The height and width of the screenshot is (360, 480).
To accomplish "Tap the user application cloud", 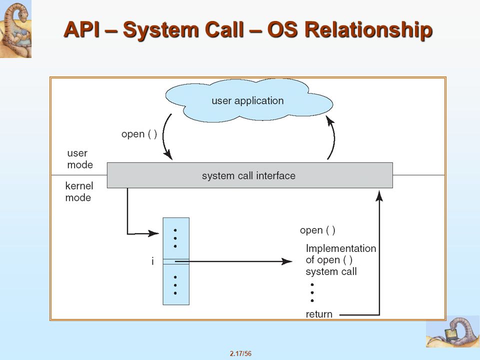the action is point(249,100).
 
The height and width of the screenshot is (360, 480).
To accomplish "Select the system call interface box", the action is point(250,175).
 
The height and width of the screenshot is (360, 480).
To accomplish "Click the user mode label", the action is point(79,159).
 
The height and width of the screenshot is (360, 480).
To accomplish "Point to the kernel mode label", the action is point(79,191).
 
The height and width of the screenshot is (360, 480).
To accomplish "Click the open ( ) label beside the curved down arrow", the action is point(139,134).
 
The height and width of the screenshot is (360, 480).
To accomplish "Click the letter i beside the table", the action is point(152,261).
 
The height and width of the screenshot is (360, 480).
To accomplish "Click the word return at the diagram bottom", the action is point(319,314).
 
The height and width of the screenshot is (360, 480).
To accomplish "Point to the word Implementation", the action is point(340,248).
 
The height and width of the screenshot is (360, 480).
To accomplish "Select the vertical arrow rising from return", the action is point(379,253).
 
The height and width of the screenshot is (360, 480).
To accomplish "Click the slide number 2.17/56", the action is point(240,353).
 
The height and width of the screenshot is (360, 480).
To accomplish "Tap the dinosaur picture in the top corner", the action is point(15,29).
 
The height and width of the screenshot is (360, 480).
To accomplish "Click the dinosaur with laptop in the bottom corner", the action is point(453,332).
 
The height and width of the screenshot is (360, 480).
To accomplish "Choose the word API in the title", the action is point(82,30).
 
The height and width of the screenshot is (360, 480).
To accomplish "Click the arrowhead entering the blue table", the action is point(153,233).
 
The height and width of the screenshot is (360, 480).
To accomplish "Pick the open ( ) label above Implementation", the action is point(317,230).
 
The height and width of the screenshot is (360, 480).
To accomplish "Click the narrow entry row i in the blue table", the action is point(176,261).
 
